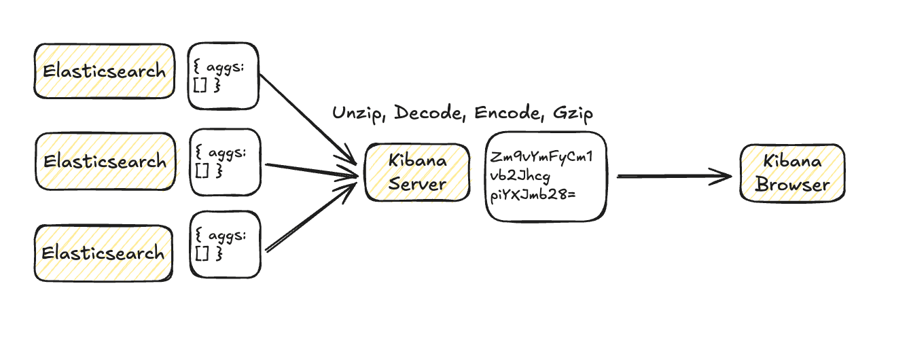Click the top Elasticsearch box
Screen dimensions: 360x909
(103, 71)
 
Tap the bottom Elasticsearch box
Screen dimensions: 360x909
(103, 253)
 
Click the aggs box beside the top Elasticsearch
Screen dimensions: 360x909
(224, 77)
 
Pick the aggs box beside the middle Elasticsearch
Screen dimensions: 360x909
(226, 161)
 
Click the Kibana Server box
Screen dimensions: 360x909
(418, 173)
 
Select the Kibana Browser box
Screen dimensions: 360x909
(792, 173)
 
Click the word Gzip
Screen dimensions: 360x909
(573, 113)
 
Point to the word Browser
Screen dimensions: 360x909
(793, 185)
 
